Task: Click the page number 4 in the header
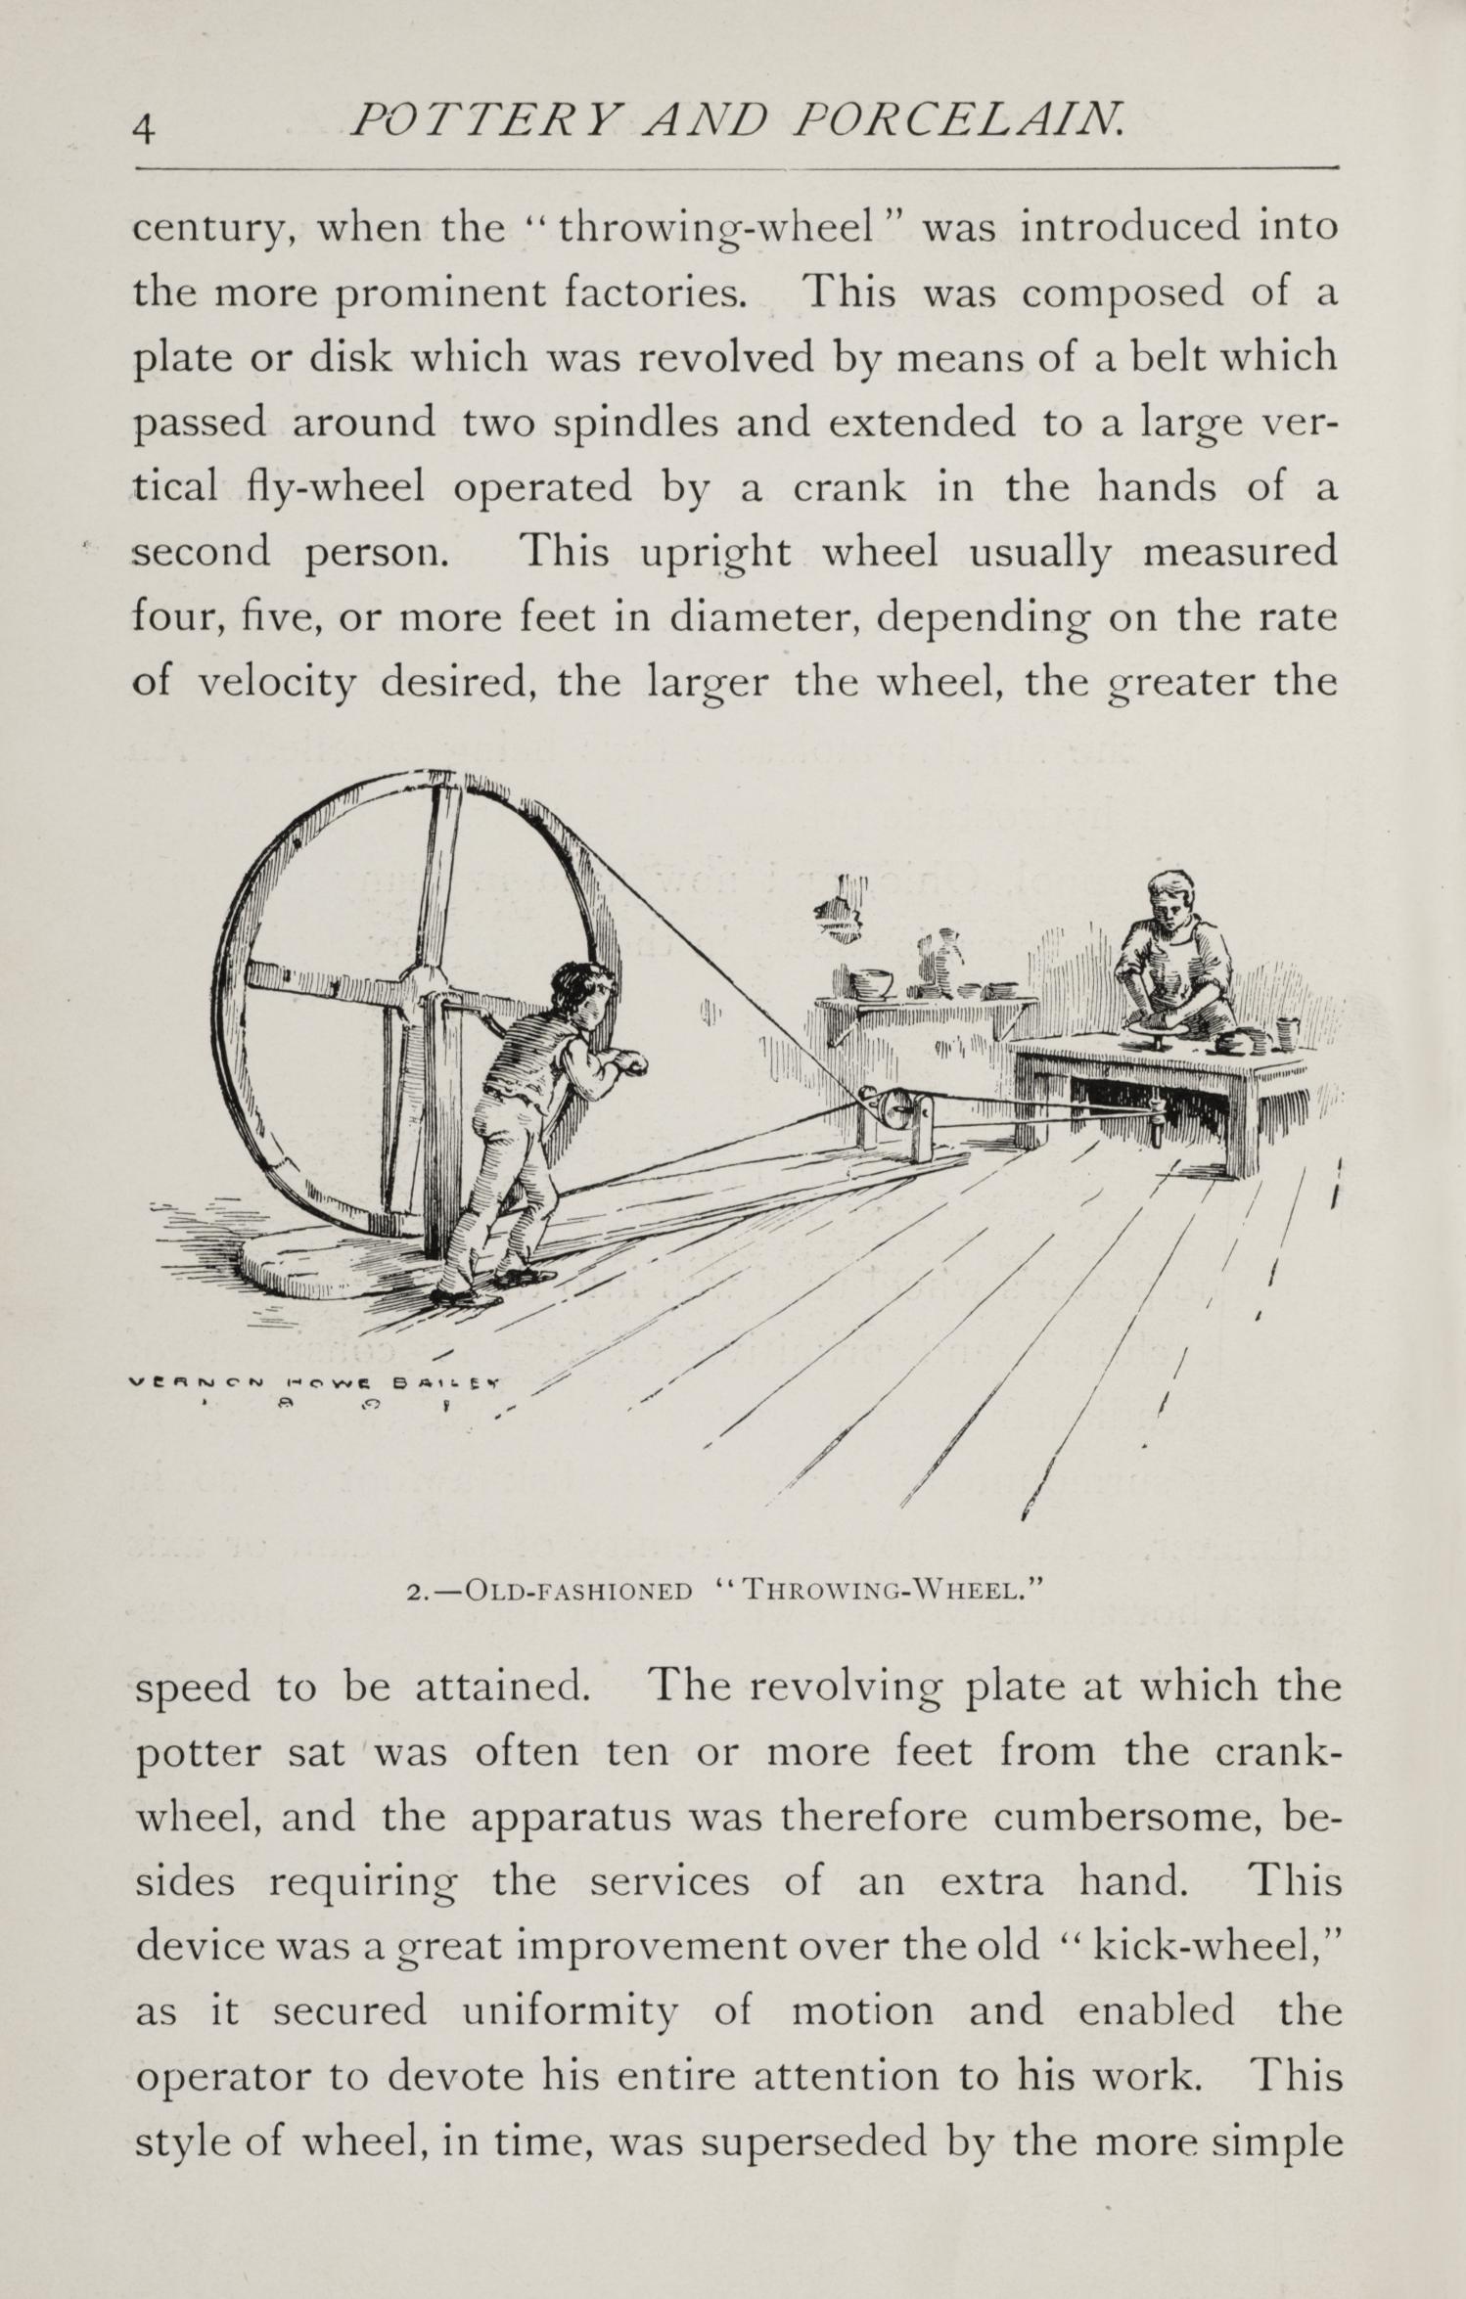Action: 145,129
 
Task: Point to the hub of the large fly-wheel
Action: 424,990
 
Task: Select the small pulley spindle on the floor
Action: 893,1108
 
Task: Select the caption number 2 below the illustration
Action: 414,1592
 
